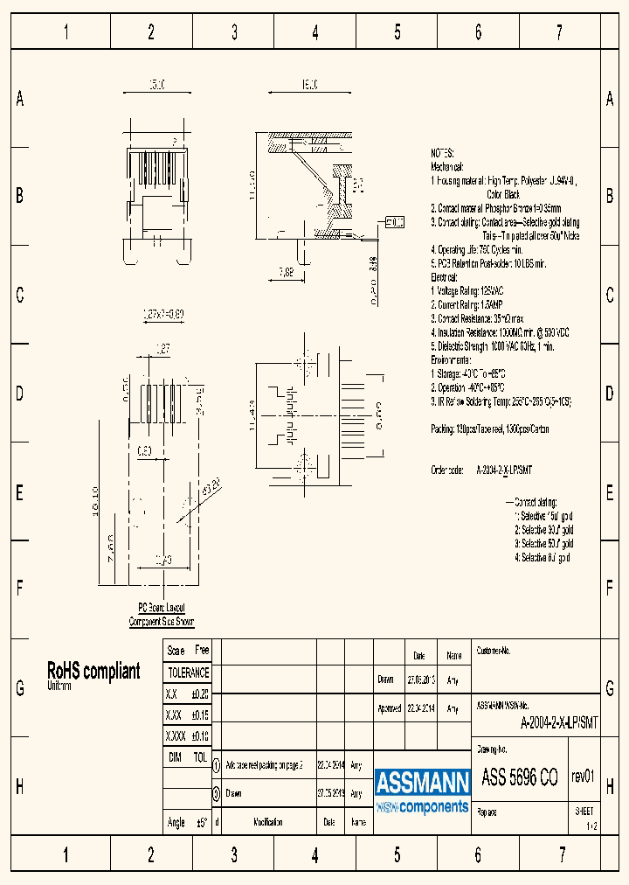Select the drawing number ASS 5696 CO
pos(521,777)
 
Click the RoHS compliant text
pos(93,672)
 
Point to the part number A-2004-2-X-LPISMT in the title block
pos(559,722)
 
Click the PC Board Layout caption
pos(162,607)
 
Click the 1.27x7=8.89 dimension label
pos(163,313)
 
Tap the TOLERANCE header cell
pos(188,672)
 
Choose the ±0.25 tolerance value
pos(199,693)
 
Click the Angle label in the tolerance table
pos(176,822)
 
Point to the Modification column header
pos(268,822)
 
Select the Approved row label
pos(391,709)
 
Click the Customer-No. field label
pos(494,652)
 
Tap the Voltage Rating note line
pos(468,290)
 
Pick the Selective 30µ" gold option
pos(543,530)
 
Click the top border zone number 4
pos(315,33)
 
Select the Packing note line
pos(489,429)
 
